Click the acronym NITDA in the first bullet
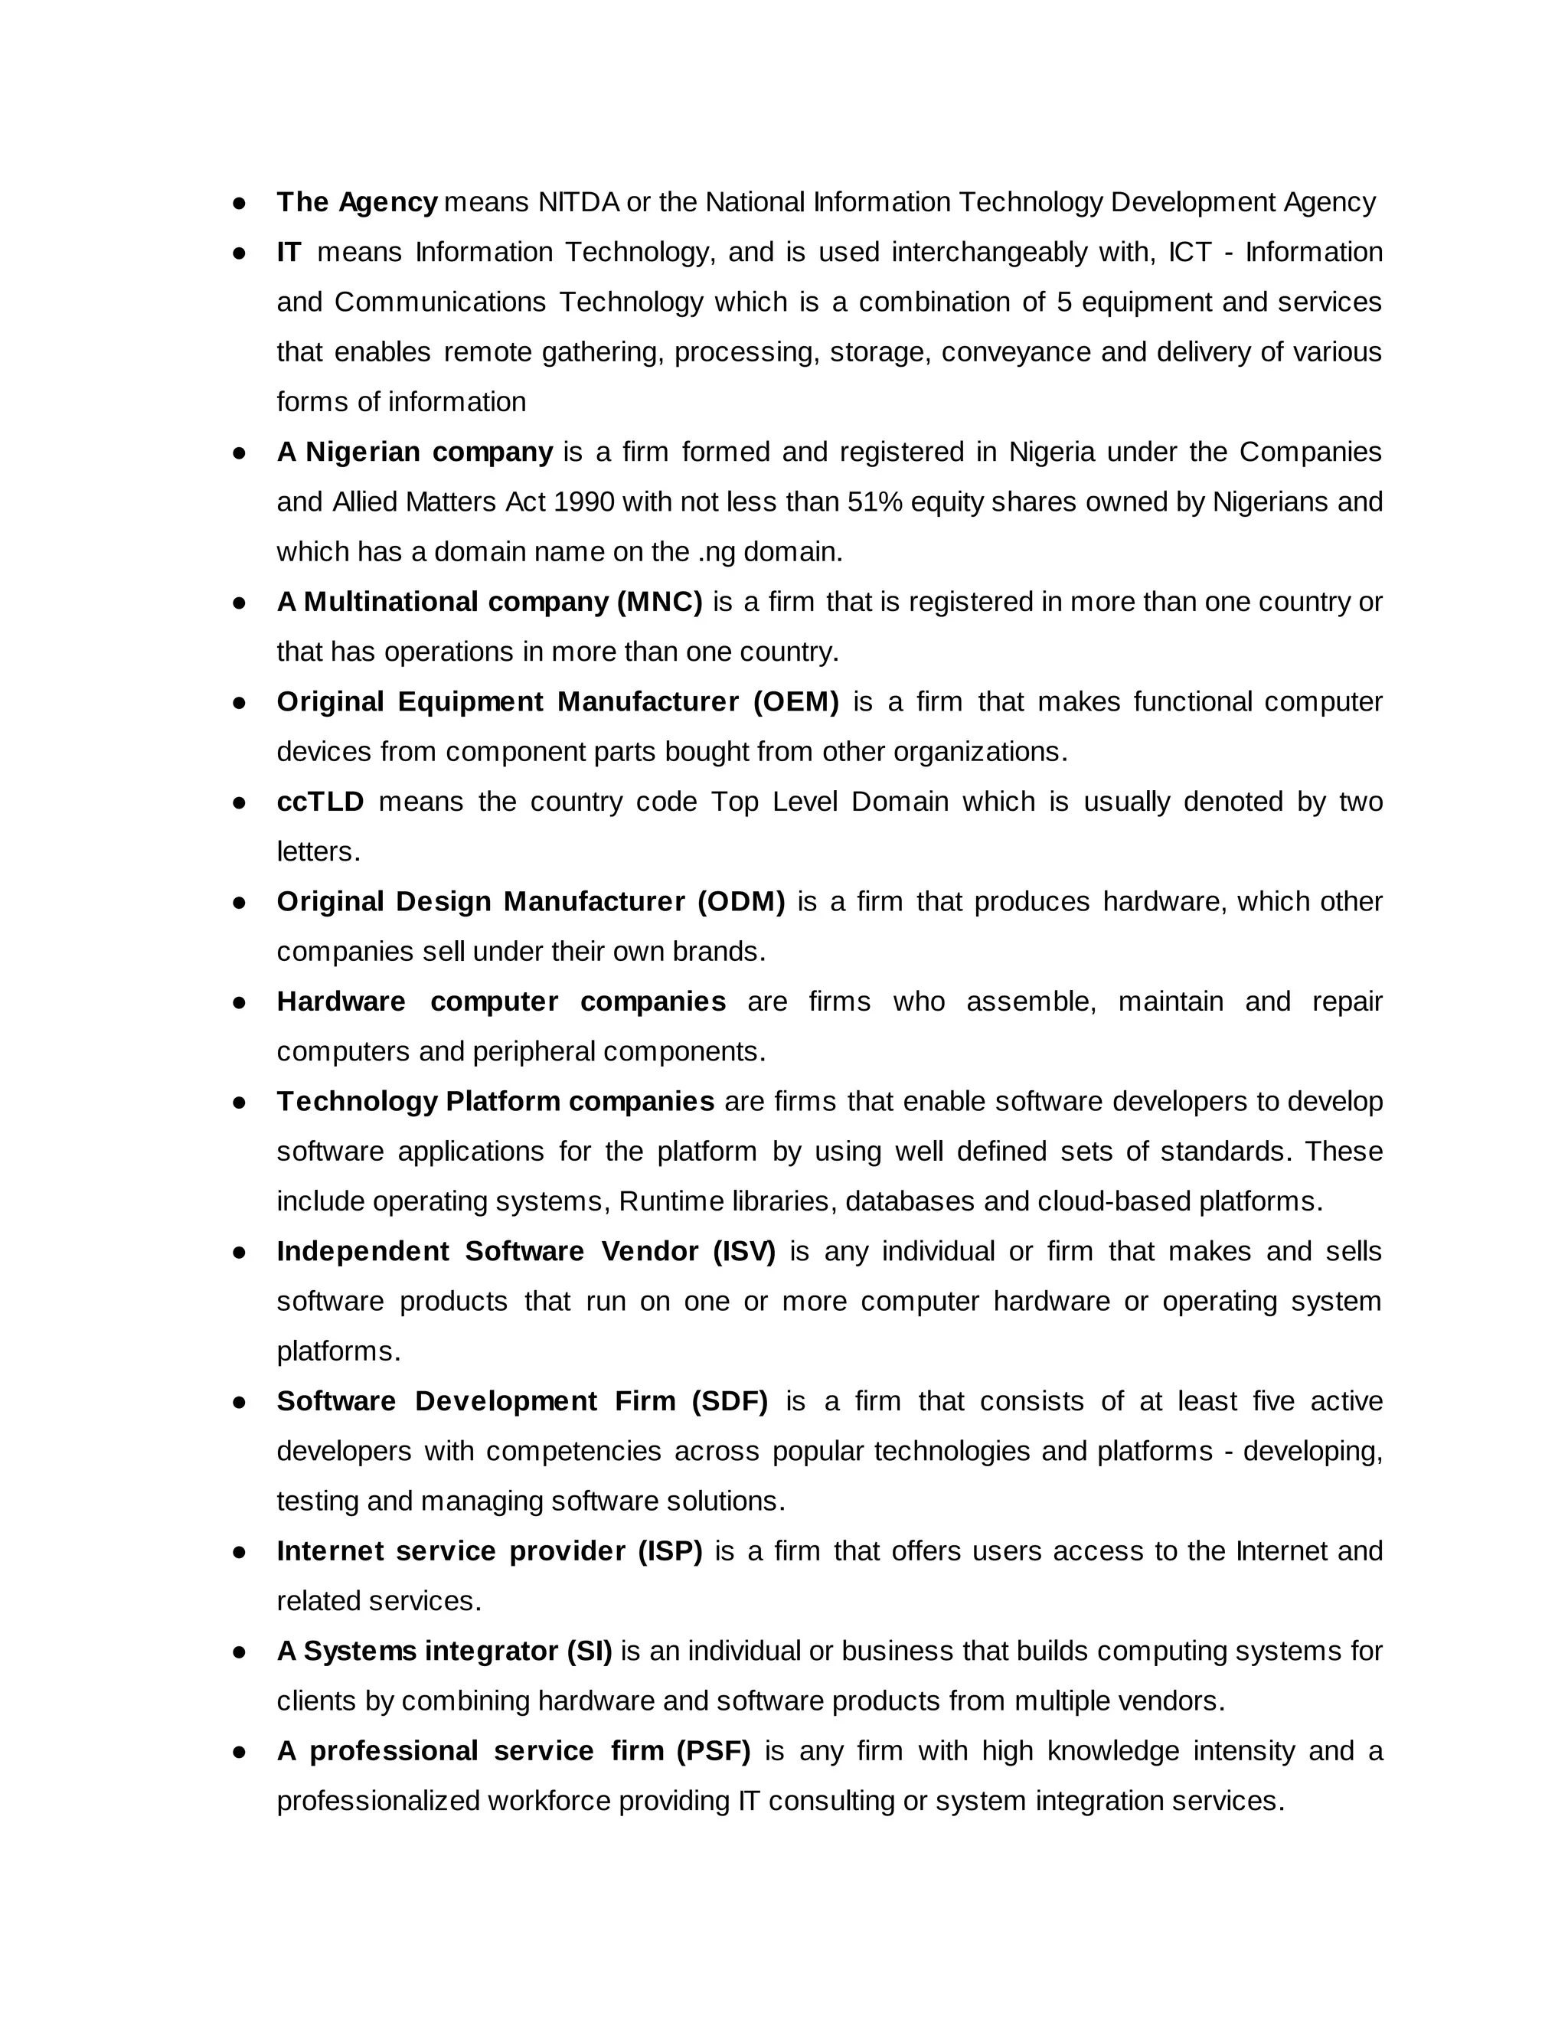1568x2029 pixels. point(578,201)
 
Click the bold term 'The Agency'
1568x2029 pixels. point(357,201)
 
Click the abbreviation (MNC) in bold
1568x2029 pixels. point(659,602)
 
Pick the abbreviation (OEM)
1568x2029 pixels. point(796,701)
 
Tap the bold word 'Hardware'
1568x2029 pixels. point(341,1001)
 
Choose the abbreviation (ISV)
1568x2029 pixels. point(744,1251)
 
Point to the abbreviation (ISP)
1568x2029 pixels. point(670,1550)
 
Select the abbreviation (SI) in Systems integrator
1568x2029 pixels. point(589,1651)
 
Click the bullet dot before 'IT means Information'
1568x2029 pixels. point(239,253)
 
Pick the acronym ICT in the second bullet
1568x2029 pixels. point(1190,252)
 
